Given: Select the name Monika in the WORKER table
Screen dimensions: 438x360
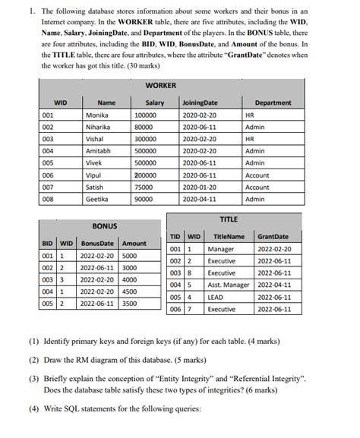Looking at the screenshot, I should (96, 115).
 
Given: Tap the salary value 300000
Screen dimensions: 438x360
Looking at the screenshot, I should (146, 139).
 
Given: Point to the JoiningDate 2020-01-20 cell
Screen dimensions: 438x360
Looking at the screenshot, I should (200, 187).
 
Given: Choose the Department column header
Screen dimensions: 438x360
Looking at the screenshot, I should (273, 103).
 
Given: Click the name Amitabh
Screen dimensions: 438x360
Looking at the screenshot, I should (99, 151).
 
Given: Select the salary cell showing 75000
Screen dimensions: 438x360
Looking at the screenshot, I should (144, 187).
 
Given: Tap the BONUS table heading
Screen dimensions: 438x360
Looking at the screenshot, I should (104, 225).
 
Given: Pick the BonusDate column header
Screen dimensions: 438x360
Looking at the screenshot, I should (96, 243).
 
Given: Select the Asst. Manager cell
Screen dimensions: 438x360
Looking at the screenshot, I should (229, 285).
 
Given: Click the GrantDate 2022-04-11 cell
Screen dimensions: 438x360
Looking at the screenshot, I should (274, 285).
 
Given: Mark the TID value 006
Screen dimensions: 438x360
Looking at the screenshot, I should (175, 309).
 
